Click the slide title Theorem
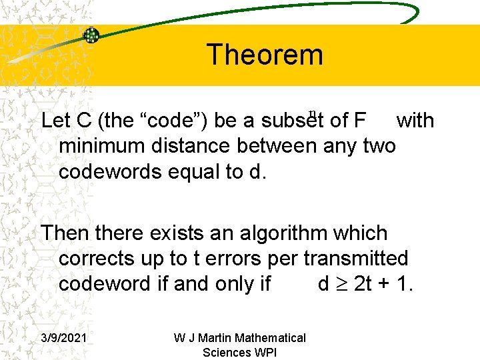pos(265,55)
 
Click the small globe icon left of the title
pos(91,35)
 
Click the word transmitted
pos(356,259)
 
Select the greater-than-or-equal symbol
pos(342,285)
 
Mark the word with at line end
pos(415,121)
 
